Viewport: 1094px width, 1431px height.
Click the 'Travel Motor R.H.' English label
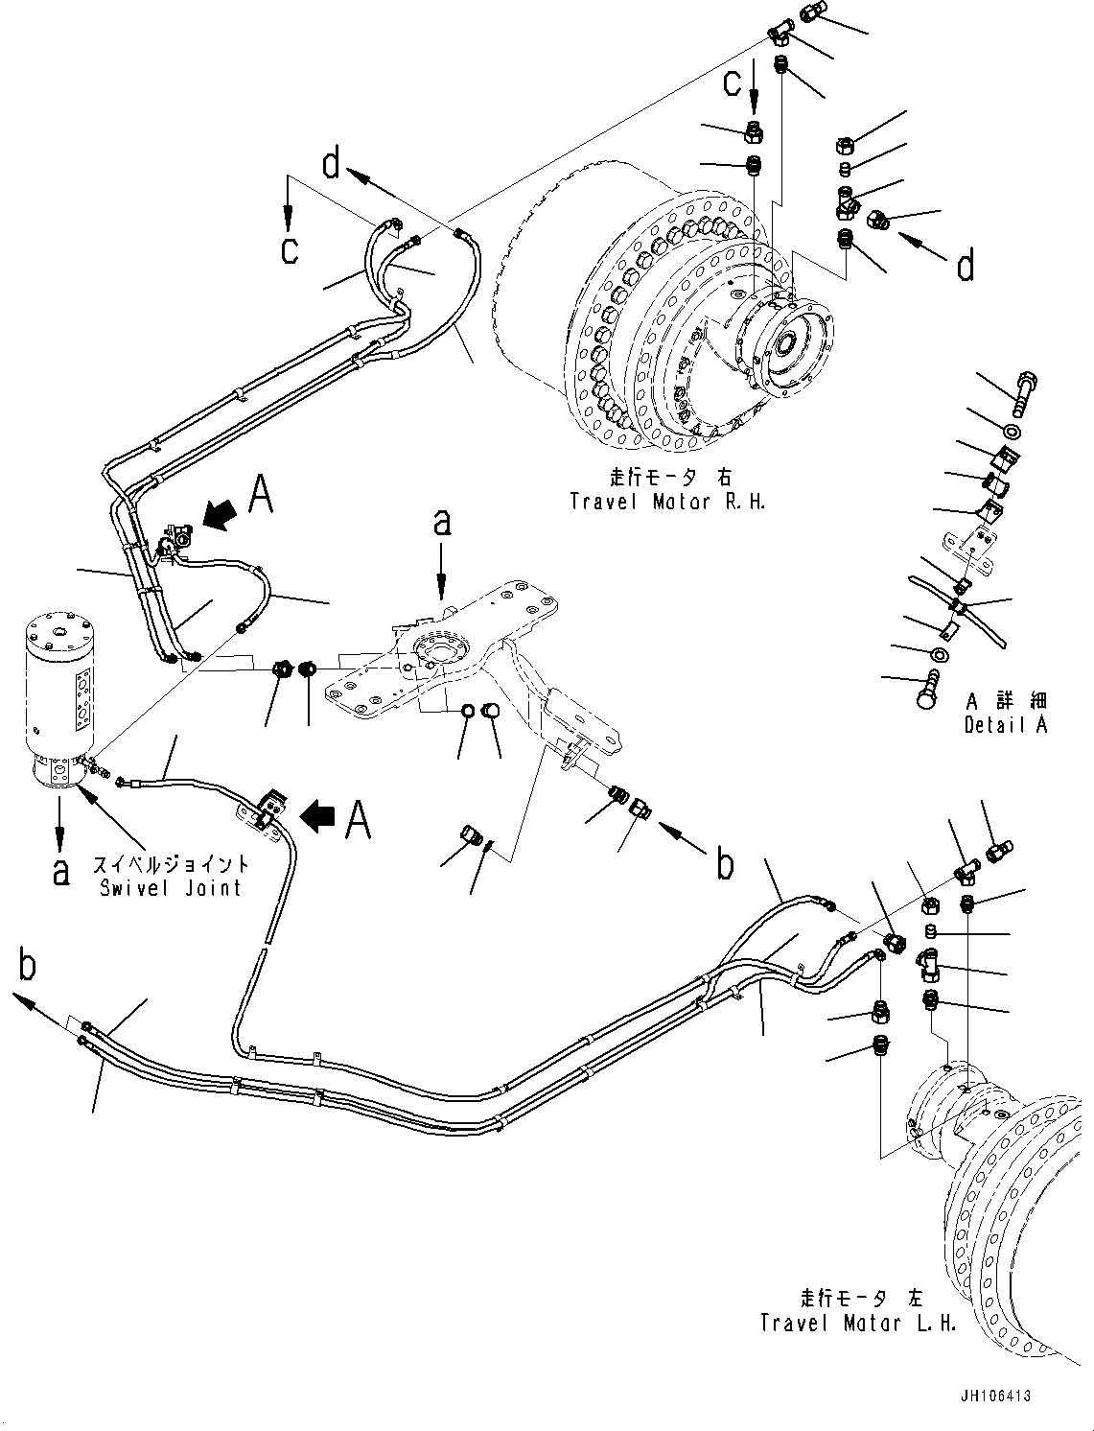667,502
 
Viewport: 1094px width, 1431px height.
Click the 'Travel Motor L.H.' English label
858,1323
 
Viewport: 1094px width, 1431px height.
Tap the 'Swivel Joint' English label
172,887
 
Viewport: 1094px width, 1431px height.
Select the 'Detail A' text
1005,724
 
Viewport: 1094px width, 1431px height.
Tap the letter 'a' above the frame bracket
440,524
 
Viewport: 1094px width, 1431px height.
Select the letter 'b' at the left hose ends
29,966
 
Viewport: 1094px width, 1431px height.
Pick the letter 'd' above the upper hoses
332,166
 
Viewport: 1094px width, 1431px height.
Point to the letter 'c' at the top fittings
732,83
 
